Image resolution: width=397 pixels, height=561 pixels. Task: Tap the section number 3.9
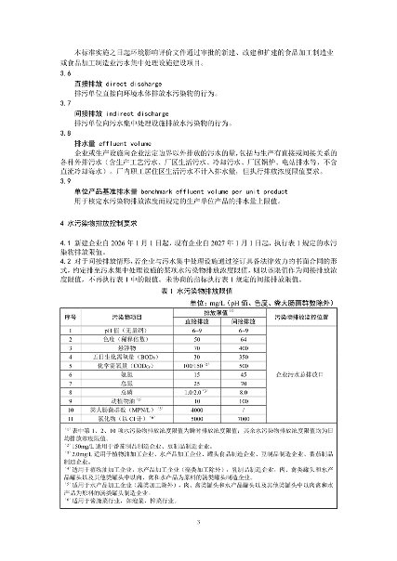click(66, 181)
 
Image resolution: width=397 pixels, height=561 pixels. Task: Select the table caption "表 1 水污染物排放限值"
click(199, 290)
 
